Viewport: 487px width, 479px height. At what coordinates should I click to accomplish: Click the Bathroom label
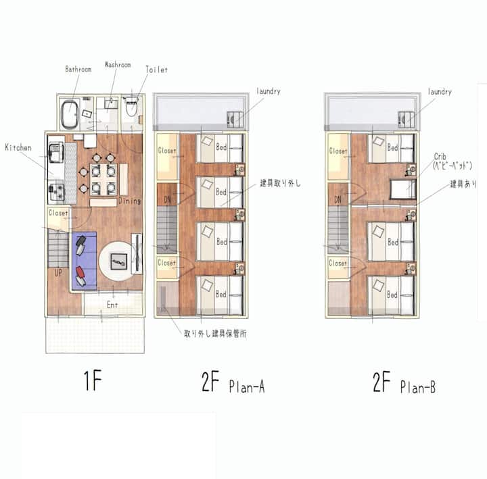click(x=78, y=69)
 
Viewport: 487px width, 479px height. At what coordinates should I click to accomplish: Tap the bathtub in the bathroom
click(x=70, y=114)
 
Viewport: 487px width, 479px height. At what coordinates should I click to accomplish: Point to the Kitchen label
click(x=18, y=147)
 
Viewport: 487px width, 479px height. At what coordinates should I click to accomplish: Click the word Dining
click(x=129, y=201)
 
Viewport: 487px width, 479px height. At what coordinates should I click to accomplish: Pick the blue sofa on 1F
click(x=84, y=261)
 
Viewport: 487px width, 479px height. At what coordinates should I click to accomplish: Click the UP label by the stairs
click(x=58, y=273)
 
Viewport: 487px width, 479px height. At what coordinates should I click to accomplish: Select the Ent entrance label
click(x=112, y=305)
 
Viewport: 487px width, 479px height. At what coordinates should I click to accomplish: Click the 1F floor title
click(x=93, y=380)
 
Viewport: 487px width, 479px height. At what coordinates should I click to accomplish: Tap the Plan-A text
click(x=247, y=386)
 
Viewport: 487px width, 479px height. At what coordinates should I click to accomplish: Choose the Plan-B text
click(x=418, y=387)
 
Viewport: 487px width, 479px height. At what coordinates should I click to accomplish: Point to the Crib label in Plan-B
click(x=440, y=156)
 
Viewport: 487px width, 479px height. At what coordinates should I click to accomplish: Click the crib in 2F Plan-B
click(x=403, y=189)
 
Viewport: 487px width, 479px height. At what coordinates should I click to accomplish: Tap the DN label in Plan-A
click(x=167, y=200)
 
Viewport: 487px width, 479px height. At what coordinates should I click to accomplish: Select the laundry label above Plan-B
click(x=440, y=91)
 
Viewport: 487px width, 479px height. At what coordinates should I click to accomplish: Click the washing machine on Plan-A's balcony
click(x=235, y=119)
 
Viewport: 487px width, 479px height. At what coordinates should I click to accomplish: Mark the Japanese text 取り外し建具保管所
click(x=215, y=334)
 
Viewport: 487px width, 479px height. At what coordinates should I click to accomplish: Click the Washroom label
click(x=118, y=65)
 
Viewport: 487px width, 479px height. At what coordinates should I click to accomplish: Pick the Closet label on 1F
click(x=58, y=213)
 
